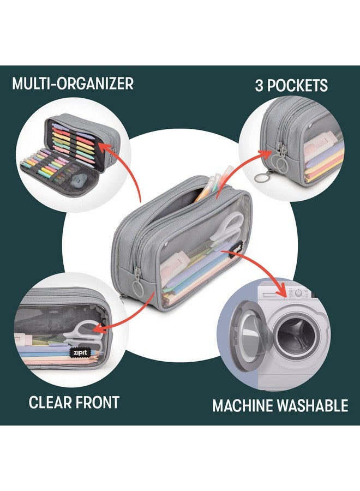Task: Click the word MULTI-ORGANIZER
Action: click(x=73, y=83)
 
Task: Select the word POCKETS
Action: click(x=301, y=86)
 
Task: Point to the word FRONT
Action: click(x=99, y=403)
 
